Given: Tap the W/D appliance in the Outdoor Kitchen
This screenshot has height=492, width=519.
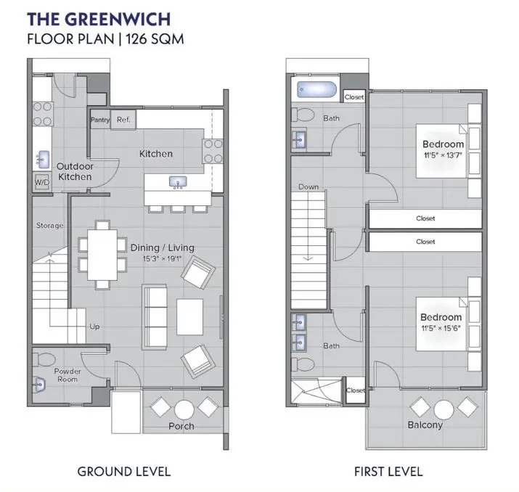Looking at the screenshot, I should pos(41,182).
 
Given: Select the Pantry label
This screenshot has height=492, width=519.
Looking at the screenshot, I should pos(99,120).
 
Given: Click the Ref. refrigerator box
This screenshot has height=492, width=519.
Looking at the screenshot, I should pos(123,120).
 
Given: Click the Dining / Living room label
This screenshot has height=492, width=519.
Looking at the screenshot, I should pos(163,247).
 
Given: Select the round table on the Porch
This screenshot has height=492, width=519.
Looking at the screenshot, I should pos(184,409).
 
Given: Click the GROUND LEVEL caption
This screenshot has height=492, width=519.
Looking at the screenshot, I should pos(124,472).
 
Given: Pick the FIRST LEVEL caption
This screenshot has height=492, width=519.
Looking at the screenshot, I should pos(388,472).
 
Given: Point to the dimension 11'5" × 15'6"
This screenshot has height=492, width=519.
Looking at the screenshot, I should pos(441,328).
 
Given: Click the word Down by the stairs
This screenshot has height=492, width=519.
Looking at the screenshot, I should pos(308,187).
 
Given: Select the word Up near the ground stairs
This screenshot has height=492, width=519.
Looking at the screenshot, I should pos(94,327).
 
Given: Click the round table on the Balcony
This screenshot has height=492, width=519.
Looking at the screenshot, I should pos(444,409).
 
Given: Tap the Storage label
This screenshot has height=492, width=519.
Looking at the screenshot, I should pos(50,226).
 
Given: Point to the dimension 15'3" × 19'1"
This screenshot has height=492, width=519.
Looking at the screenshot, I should pos(163,258).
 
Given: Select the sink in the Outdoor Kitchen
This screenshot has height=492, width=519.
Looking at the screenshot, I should pos(41,158).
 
